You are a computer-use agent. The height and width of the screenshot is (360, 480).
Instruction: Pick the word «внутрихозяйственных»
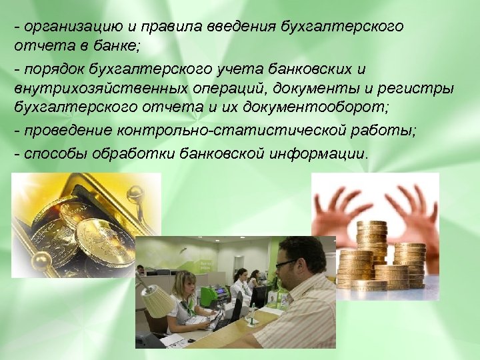click(86, 88)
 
